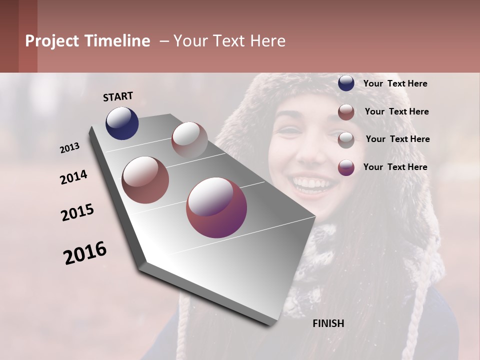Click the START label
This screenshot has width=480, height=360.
point(118,96)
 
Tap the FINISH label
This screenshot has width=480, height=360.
point(328,323)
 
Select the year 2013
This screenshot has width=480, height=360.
point(70,148)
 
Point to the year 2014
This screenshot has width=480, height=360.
point(73,177)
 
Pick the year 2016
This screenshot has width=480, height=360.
point(85,253)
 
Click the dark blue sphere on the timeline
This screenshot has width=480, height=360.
point(122,123)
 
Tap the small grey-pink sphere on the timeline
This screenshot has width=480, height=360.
point(189,140)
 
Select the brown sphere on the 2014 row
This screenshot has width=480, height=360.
point(145,180)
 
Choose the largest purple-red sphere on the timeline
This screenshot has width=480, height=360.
point(216,207)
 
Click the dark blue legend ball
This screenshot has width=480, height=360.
point(346,83)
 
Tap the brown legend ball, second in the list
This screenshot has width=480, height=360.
point(346,112)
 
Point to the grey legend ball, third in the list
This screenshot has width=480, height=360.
point(346,139)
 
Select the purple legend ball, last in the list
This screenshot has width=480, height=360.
point(346,167)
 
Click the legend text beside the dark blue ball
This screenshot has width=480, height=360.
point(395,83)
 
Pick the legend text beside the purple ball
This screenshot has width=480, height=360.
point(395,167)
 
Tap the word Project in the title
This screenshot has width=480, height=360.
point(51,41)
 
